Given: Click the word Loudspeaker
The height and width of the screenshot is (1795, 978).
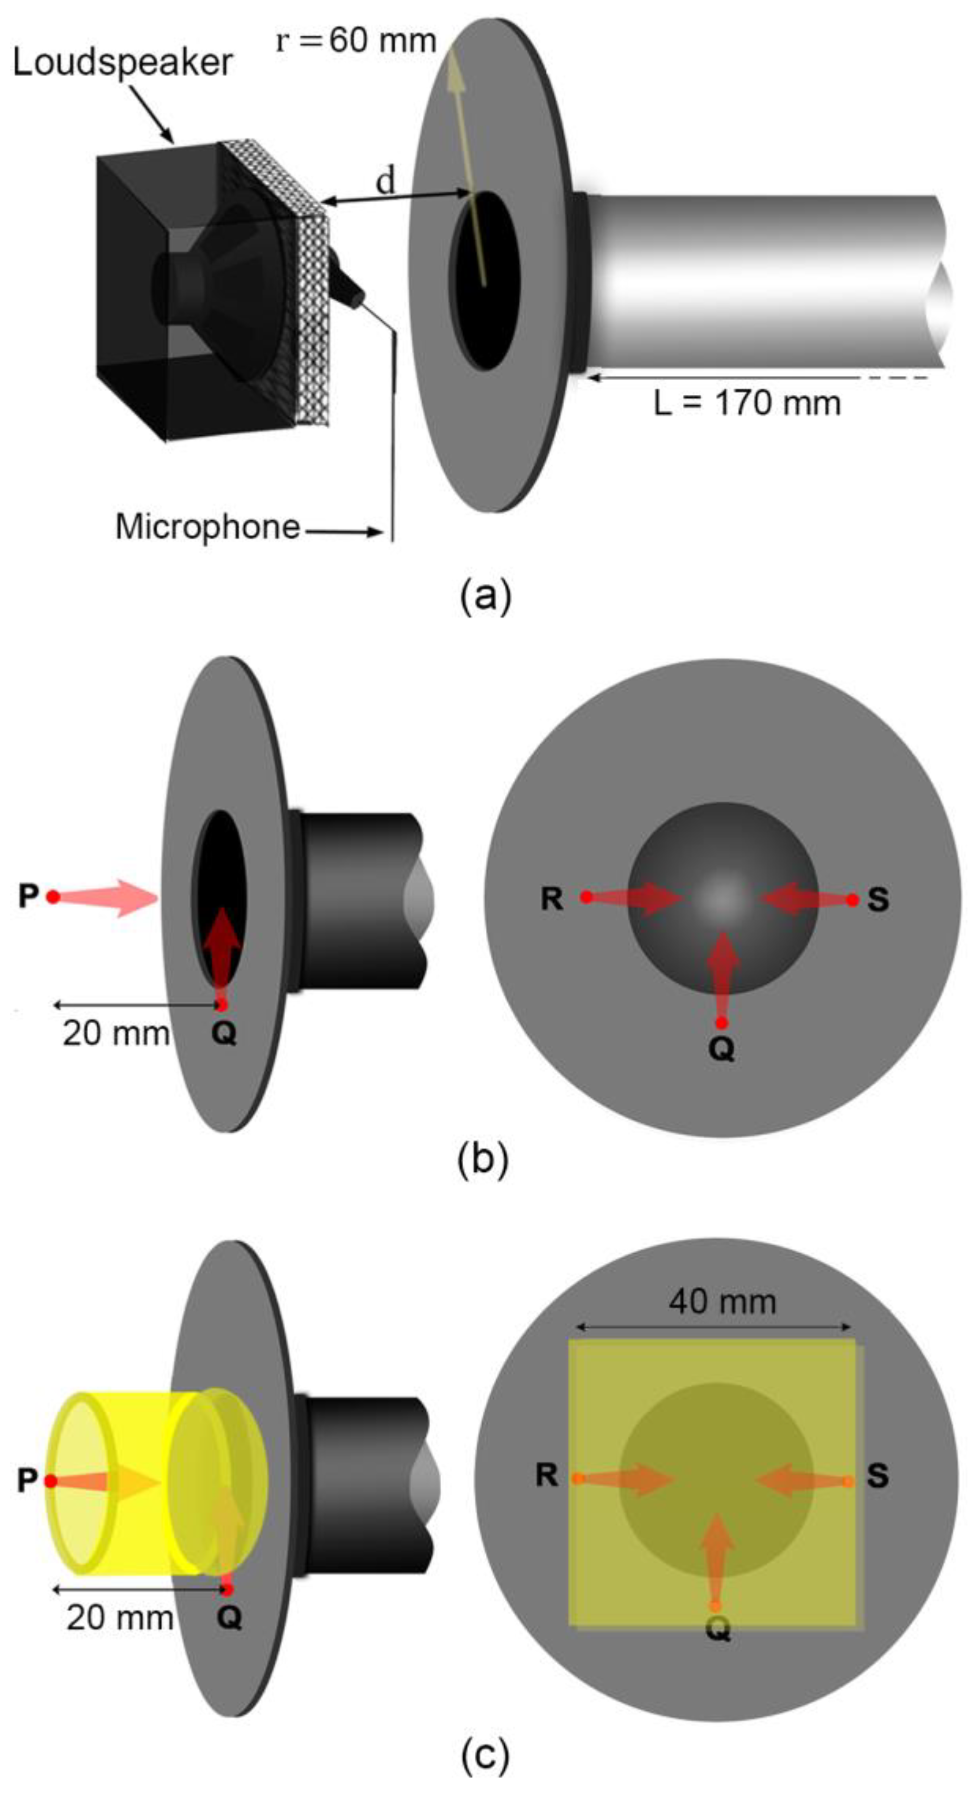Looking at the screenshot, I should coord(123,64).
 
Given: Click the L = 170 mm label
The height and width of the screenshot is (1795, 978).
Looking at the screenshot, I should coord(747,403).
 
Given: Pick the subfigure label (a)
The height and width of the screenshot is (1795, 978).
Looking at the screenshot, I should coord(486,597).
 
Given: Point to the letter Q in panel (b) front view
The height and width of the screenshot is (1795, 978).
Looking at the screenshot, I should coord(722,1051).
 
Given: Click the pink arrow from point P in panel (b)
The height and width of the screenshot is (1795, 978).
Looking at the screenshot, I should coord(111,898).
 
